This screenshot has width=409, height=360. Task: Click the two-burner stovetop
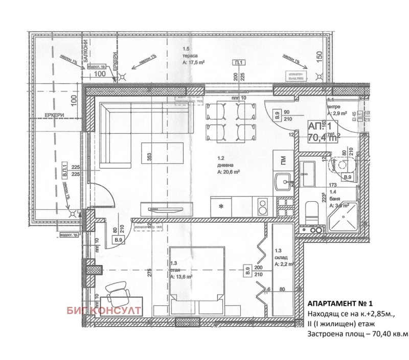[262, 206]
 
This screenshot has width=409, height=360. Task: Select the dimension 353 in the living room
[150, 157]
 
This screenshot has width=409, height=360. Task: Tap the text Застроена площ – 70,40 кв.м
[358, 334]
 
